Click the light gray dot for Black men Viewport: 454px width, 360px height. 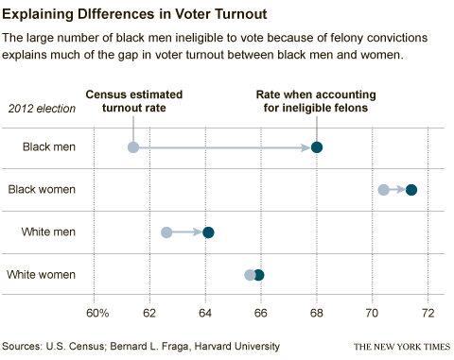pos(133,147)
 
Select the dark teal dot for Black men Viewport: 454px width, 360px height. pos(317,147)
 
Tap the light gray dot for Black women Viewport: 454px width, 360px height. pos(383,190)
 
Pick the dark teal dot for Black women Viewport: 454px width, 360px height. pos(411,190)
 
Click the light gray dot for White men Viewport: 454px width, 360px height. pos(166,232)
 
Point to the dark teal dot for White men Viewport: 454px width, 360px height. pos(208,232)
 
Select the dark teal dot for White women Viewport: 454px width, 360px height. pos(259,275)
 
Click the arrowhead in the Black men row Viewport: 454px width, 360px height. pos(306,147)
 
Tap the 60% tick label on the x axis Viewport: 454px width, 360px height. pos(97,313)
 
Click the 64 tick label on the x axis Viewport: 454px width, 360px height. pos(205,313)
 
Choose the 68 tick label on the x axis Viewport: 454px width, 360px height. pos(317,313)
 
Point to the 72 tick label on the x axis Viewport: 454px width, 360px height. pos(428,313)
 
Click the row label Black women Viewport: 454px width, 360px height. pos(42,189)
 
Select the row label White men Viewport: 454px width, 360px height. pos(48,231)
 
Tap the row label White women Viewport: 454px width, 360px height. pos(42,275)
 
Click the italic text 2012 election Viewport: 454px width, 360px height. pos(42,109)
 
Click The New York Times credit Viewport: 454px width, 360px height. pos(402,347)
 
